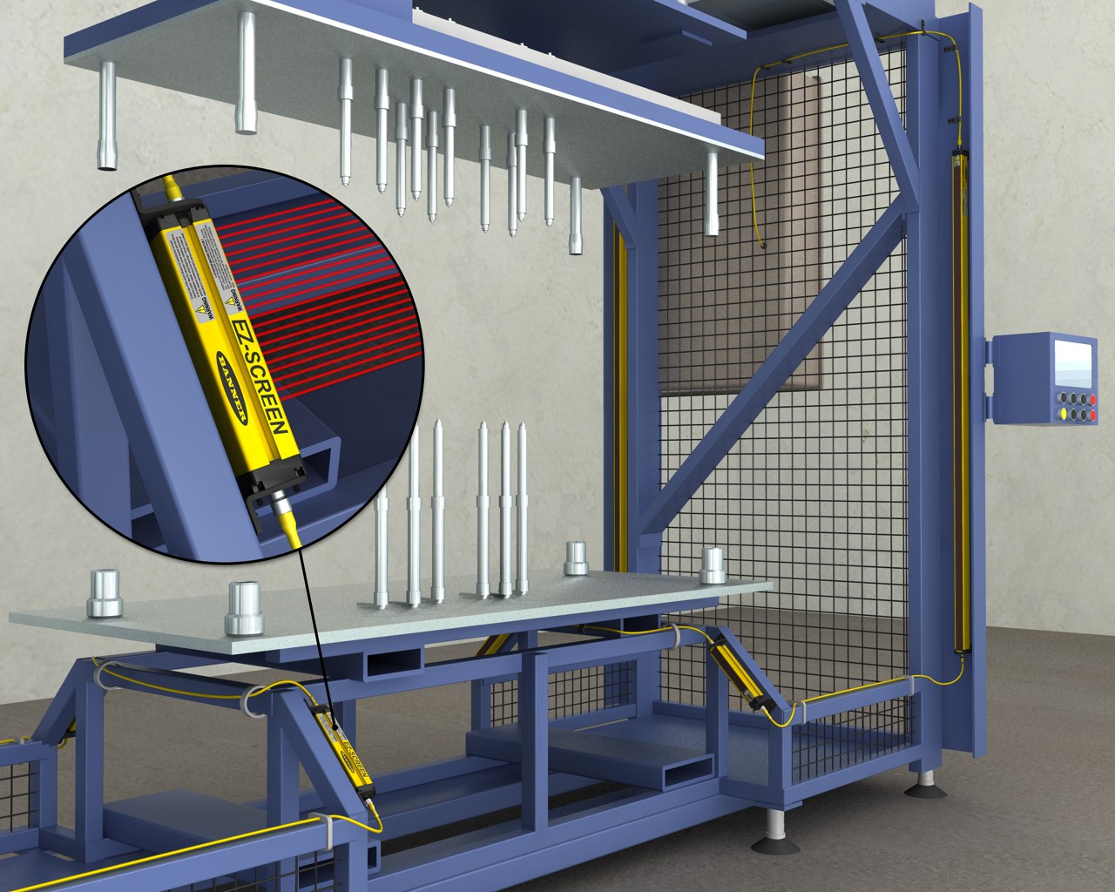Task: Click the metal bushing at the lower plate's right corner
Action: coord(713,566)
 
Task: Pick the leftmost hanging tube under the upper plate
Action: coord(107,118)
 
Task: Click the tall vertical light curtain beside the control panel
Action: coord(961,401)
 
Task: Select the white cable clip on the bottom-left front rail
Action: coord(321,832)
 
